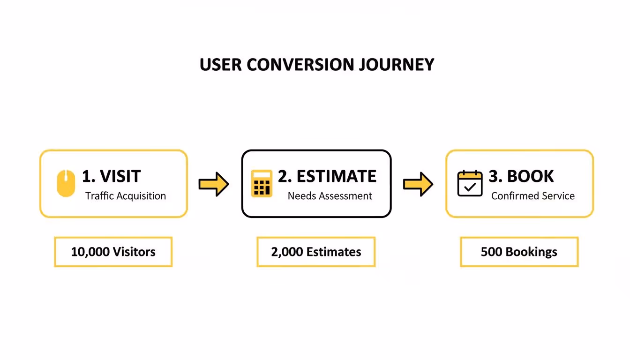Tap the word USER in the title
pos(220,65)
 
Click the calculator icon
pos(262,183)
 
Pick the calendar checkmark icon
pos(470,183)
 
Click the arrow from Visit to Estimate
pos(214,184)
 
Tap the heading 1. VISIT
pos(111,176)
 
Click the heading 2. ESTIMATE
pos(327,176)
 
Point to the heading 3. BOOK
pos(521,176)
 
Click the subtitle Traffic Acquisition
pos(126,196)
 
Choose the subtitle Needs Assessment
pos(330,196)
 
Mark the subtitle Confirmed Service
pos(533,196)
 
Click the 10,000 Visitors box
pos(113,252)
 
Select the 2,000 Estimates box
pos(316,252)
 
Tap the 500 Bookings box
pos(519,252)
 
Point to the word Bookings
pos(532,252)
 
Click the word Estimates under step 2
pos(334,252)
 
